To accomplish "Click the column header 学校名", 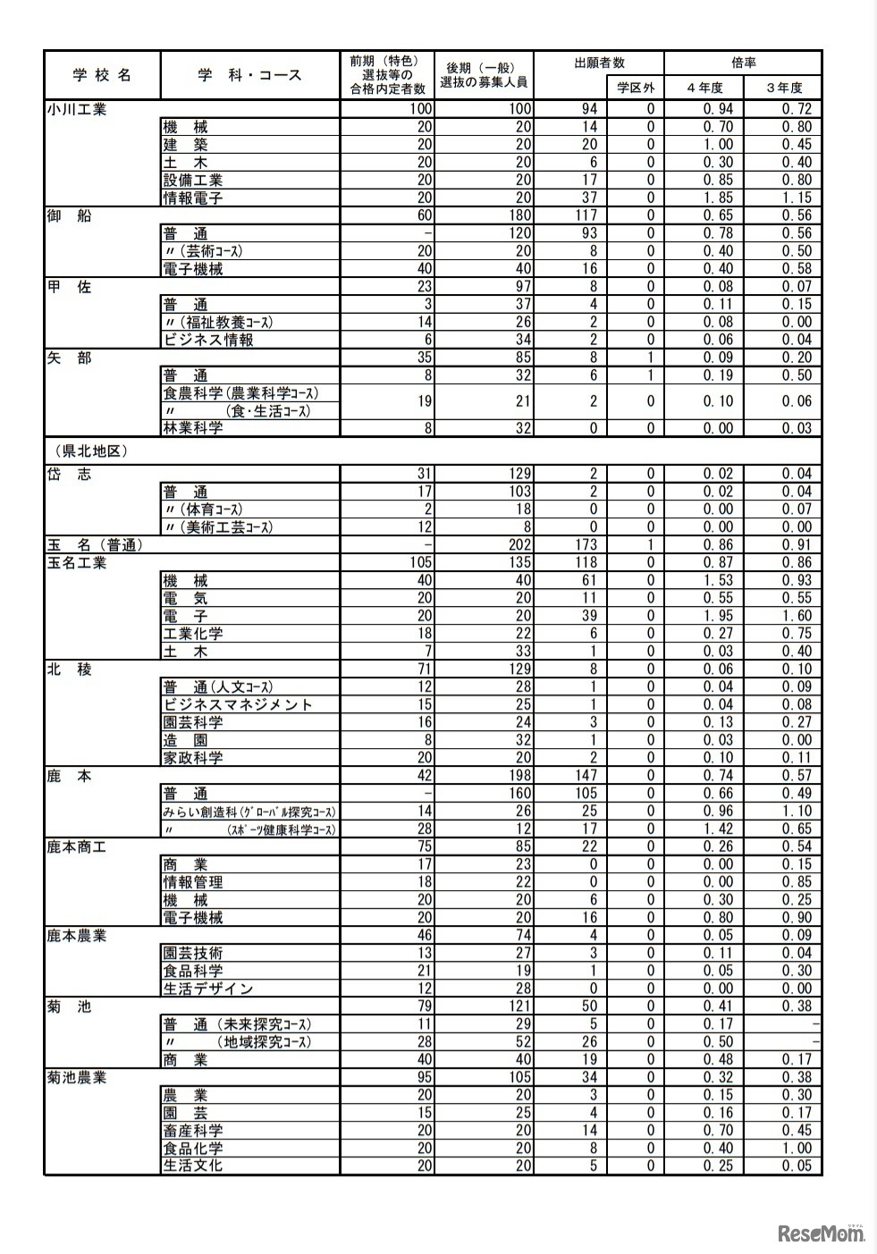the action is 102,76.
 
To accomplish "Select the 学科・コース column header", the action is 250,76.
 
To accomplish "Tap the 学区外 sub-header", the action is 637,88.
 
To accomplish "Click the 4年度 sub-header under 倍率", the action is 704,88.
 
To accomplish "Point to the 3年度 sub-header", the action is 783,88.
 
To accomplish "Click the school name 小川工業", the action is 77,110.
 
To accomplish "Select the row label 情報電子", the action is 193,198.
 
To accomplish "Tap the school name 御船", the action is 70,215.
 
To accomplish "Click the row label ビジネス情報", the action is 208,340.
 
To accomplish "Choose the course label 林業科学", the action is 193,428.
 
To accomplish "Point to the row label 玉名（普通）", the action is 96,544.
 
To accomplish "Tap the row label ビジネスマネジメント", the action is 238,704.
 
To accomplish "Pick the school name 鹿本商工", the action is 77,846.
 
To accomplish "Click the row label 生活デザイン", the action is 208,989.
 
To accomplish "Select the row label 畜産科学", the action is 193,1131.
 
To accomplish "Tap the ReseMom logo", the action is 821,1233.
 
